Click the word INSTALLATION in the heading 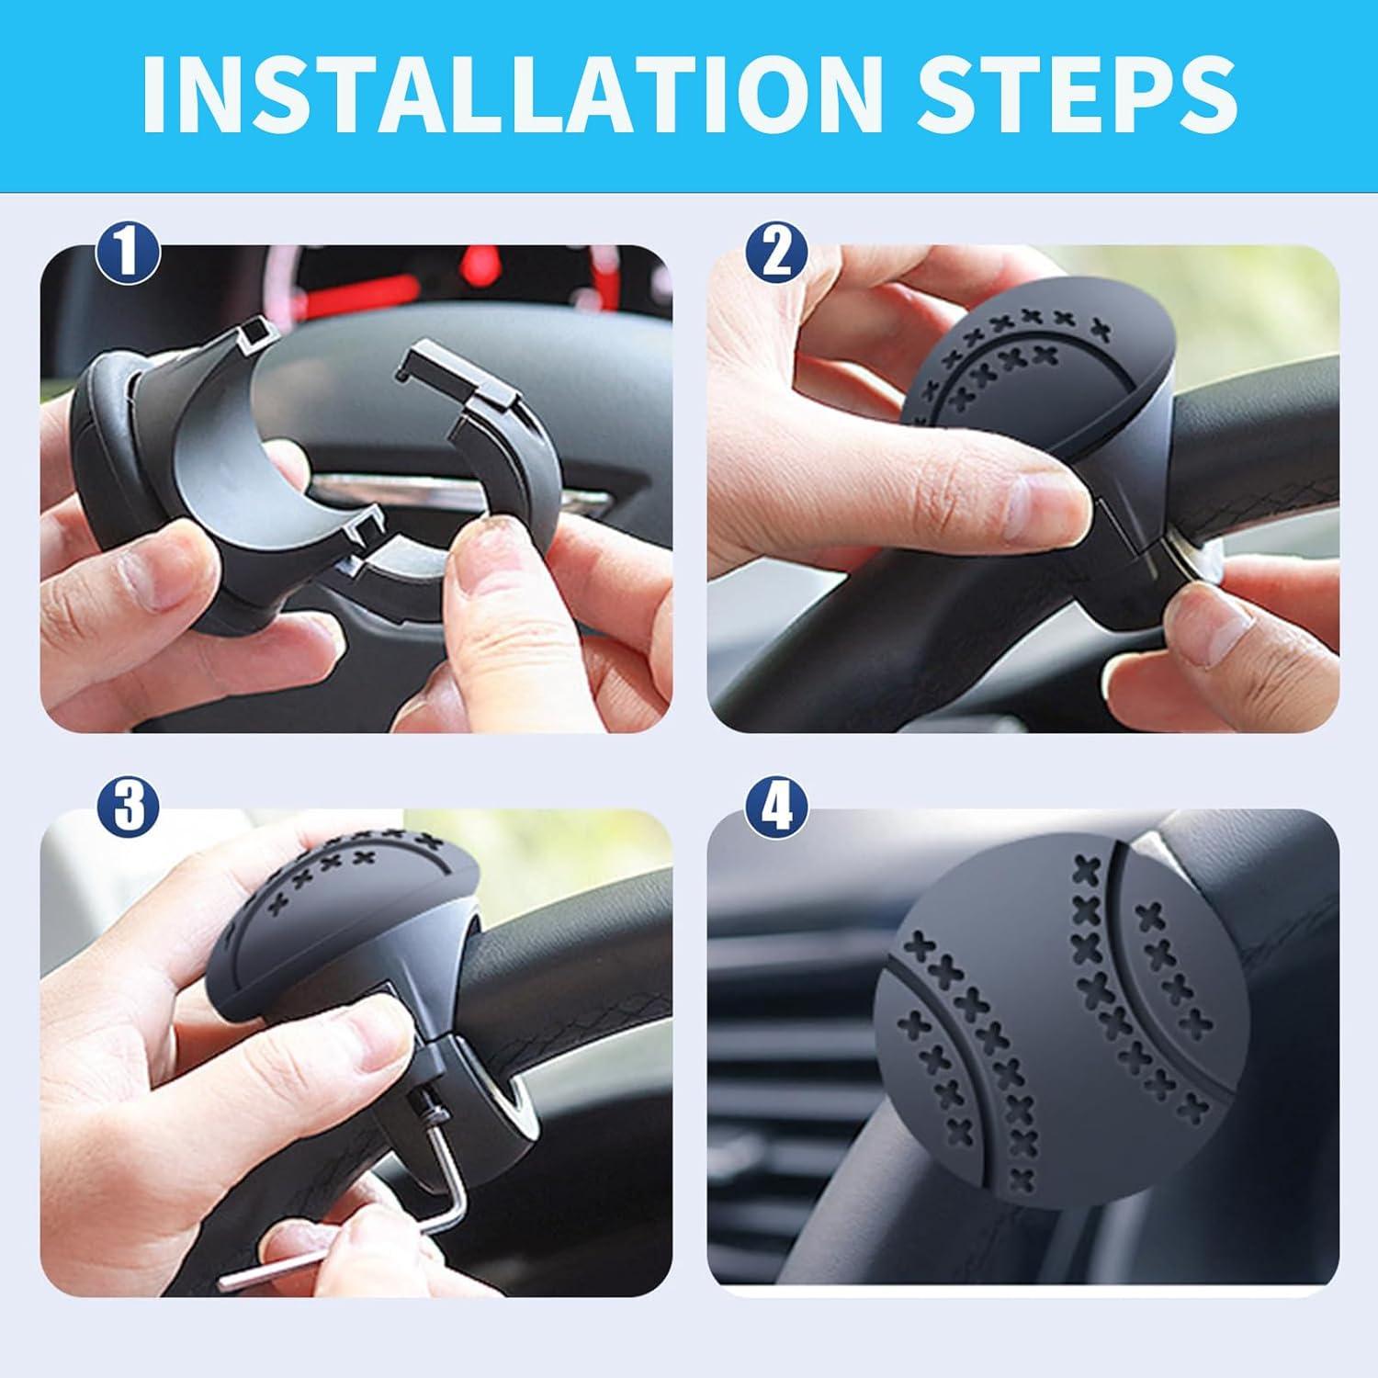pyautogui.click(x=515, y=96)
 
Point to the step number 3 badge pyautogui.click(x=129, y=806)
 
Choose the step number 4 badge pyautogui.click(x=777, y=806)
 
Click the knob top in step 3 pyautogui.click(x=349, y=900)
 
